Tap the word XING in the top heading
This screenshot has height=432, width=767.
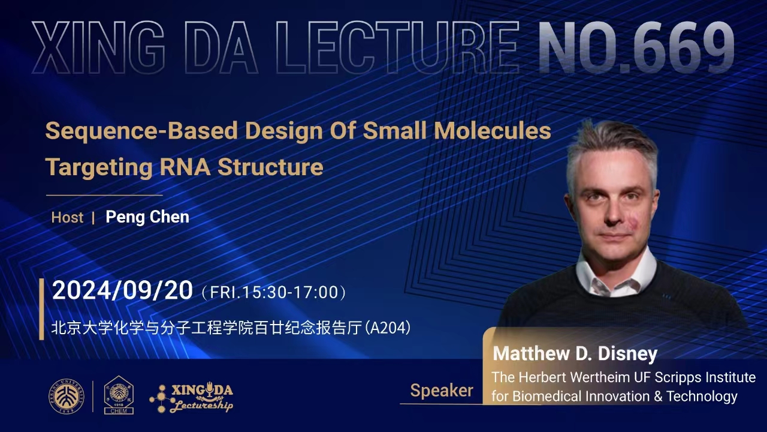click(98, 47)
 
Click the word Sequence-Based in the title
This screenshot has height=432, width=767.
click(141, 131)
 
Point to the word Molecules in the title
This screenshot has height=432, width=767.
click(493, 130)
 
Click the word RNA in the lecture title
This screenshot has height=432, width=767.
click(185, 167)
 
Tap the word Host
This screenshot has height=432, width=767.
click(67, 217)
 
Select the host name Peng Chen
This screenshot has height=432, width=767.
click(147, 217)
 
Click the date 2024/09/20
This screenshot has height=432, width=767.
click(123, 290)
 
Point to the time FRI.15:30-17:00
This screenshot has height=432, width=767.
click(274, 292)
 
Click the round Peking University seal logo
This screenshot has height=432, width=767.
click(67, 397)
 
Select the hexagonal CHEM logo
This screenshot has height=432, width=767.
click(119, 395)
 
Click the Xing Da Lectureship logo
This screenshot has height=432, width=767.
click(191, 398)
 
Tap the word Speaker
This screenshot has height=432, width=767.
click(442, 391)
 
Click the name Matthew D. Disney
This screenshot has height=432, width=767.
click(575, 354)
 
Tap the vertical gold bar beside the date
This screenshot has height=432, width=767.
click(42, 309)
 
